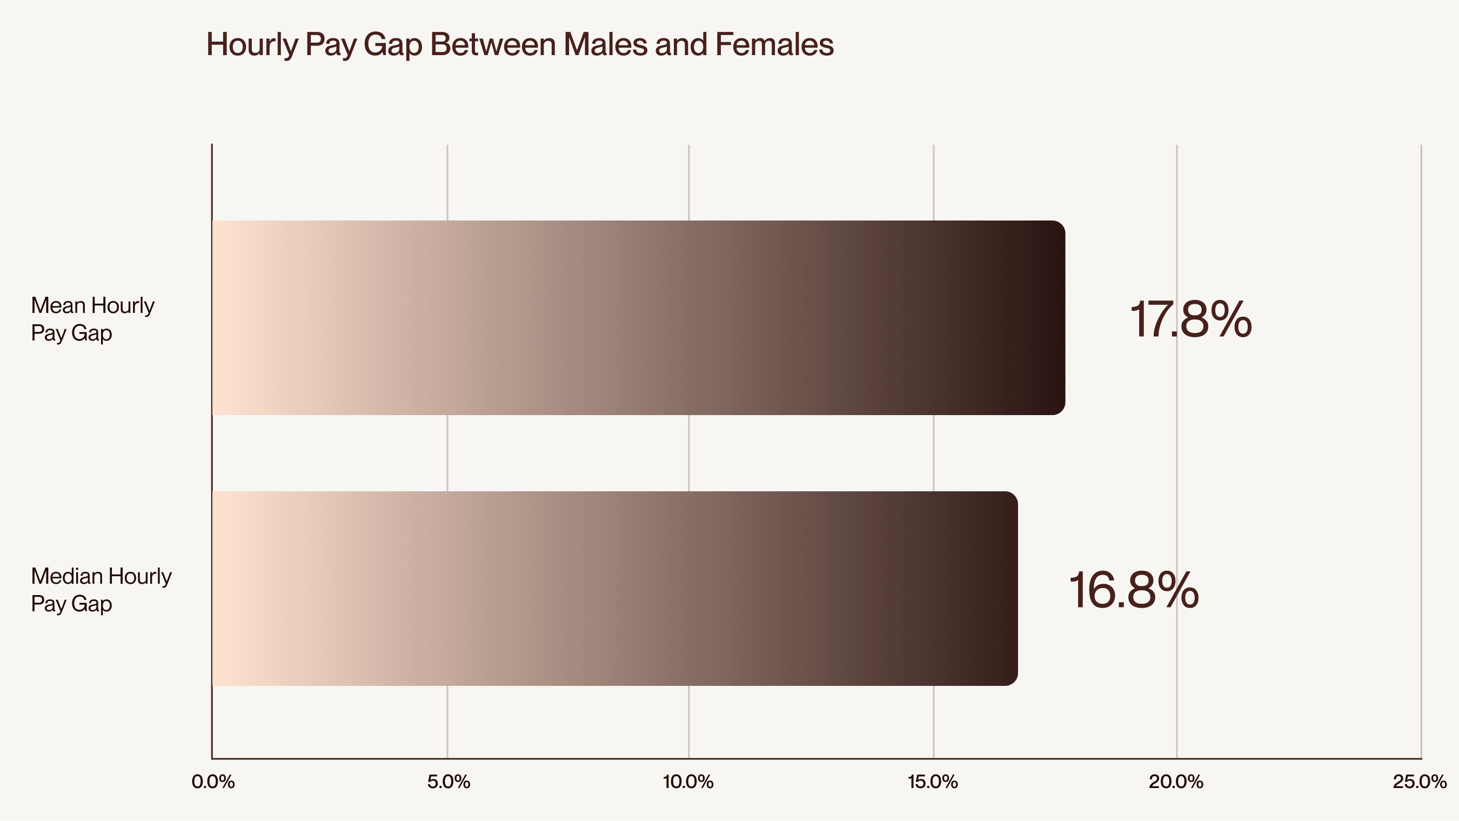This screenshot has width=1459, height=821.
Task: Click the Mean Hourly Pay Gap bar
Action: tap(638, 318)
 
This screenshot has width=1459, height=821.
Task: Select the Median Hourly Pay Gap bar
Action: tap(615, 589)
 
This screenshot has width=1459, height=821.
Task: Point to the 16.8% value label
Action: tap(1133, 590)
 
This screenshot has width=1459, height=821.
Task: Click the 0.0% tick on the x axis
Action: tap(213, 783)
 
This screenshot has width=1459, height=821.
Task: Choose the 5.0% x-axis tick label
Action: tap(449, 783)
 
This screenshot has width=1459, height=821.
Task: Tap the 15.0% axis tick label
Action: tap(933, 783)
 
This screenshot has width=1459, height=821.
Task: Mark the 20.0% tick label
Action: tap(1176, 783)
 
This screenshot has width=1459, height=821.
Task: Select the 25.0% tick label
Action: tap(1420, 783)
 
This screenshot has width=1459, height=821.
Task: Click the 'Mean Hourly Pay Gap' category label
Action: tap(92, 319)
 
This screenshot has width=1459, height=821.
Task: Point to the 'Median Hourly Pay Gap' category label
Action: tap(101, 590)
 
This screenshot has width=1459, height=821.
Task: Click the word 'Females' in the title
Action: tap(774, 44)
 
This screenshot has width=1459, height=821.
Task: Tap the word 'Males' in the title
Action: tap(605, 44)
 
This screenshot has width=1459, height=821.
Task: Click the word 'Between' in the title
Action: tap(493, 44)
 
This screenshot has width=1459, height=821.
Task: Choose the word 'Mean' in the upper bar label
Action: tap(58, 305)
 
